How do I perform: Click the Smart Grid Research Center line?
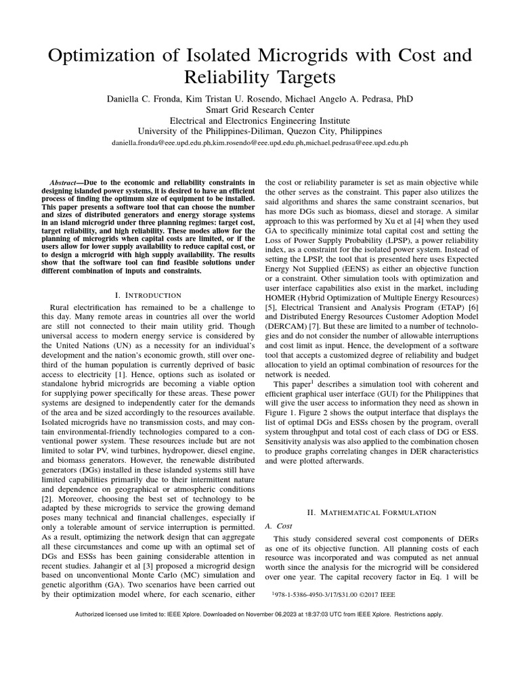click(x=260, y=110)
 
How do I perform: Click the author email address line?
click(x=260, y=144)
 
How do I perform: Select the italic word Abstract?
click(x=66, y=183)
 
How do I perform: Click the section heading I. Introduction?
click(x=148, y=295)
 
